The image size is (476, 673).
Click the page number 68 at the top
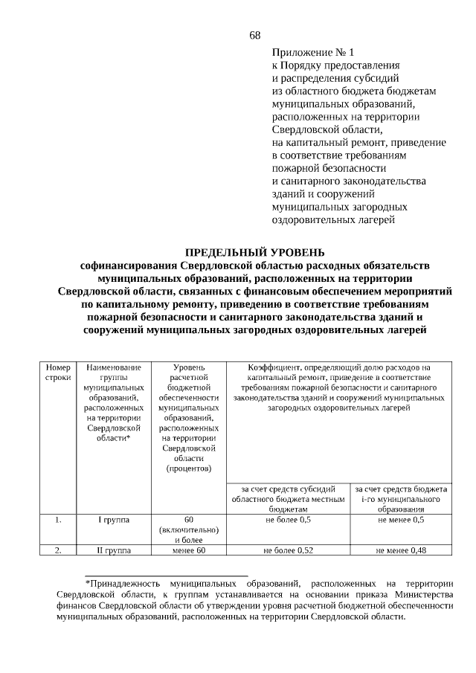point(255,36)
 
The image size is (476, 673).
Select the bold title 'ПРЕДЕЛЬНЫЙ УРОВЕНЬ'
point(254,252)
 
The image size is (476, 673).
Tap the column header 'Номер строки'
point(58,373)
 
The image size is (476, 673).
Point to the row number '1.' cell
point(58,520)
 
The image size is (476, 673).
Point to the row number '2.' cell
point(58,551)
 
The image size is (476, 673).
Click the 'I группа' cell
point(114,520)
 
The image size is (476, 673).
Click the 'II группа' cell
point(114,551)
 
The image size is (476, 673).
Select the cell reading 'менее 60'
point(188,551)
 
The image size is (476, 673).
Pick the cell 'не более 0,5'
point(288,520)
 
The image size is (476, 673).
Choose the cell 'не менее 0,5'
point(401,520)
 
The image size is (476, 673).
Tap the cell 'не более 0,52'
point(288,551)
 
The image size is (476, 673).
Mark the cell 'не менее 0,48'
point(401,551)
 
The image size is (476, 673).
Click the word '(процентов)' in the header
point(188,468)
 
